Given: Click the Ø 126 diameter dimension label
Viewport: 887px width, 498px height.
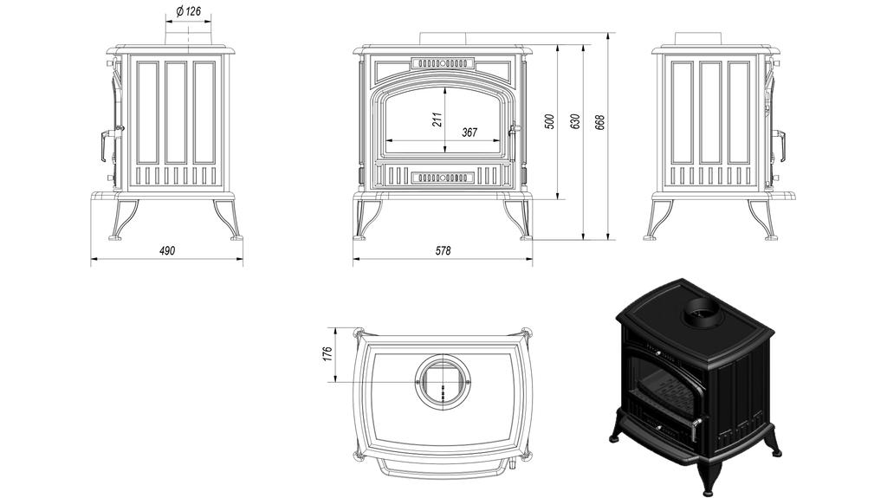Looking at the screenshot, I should tap(188, 11).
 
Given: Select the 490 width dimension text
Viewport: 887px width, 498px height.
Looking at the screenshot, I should tap(167, 251).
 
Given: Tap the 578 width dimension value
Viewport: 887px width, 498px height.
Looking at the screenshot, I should tap(443, 251).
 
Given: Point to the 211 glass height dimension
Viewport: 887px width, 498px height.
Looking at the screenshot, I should tap(437, 119).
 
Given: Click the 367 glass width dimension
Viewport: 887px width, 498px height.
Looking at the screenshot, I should tap(469, 133).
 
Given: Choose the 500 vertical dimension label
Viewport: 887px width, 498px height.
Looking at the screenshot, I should tap(548, 121).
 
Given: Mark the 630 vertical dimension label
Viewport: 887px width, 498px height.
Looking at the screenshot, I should tap(574, 121).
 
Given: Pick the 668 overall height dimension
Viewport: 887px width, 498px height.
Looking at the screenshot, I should tap(599, 121).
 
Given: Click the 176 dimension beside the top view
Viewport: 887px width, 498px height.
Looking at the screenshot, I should tap(327, 355).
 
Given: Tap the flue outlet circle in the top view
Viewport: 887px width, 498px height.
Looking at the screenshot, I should tap(443, 382).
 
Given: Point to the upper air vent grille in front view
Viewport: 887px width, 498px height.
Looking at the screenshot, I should tap(443, 63).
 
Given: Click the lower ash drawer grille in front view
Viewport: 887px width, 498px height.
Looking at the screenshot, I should tap(443, 177).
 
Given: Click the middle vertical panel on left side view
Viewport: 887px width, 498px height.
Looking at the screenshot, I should tap(175, 112).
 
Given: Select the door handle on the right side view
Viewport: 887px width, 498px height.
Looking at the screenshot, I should tap(780, 145).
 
